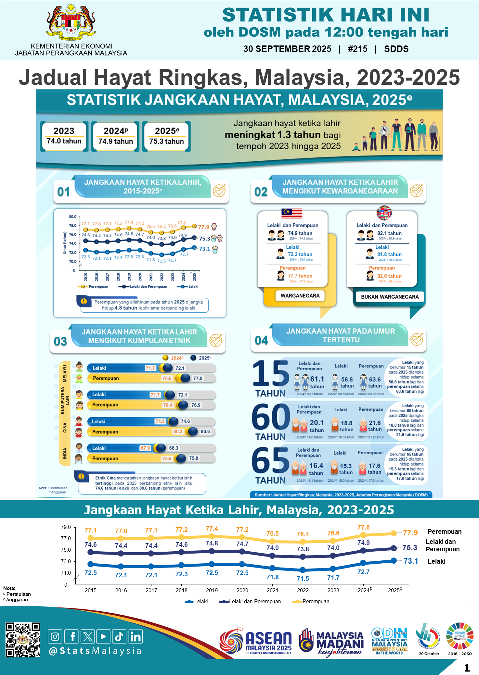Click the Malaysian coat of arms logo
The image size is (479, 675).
71,22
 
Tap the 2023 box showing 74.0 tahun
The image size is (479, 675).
64,136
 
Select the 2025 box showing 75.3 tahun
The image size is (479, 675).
166,136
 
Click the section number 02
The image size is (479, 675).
261,192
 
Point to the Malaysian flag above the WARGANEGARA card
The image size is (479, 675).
292,213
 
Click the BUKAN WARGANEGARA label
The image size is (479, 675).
390,297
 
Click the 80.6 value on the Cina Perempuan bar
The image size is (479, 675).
205,431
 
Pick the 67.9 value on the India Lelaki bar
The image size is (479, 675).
145,448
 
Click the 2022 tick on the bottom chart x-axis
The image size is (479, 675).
303,590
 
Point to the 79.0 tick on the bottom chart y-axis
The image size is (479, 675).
66,527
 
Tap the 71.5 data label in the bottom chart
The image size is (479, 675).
303,579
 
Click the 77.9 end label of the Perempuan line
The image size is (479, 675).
410,533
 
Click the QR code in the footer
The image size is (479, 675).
23,640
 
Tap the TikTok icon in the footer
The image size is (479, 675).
119,636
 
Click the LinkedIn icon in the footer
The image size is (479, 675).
135,636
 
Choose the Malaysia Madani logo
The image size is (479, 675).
331,643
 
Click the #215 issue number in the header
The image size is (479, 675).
357,49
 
